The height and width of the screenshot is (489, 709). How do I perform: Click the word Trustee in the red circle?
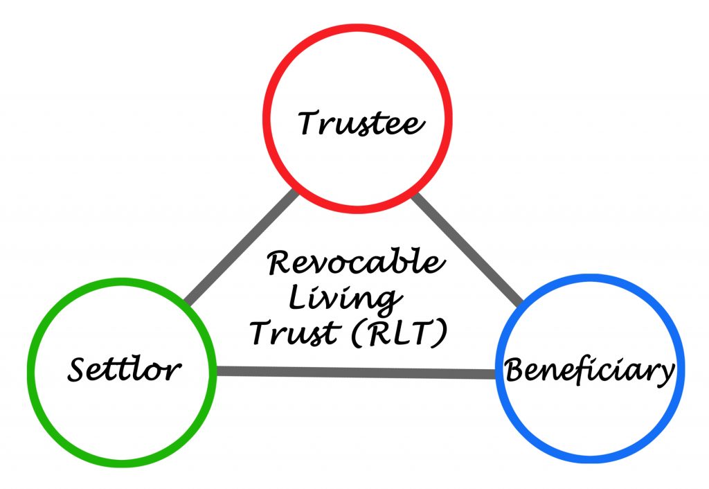pyautogui.click(x=360, y=123)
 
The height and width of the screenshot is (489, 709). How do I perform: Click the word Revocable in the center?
pyautogui.click(x=353, y=263)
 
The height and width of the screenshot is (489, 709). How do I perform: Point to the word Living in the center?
pyautogui.click(x=343, y=299)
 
